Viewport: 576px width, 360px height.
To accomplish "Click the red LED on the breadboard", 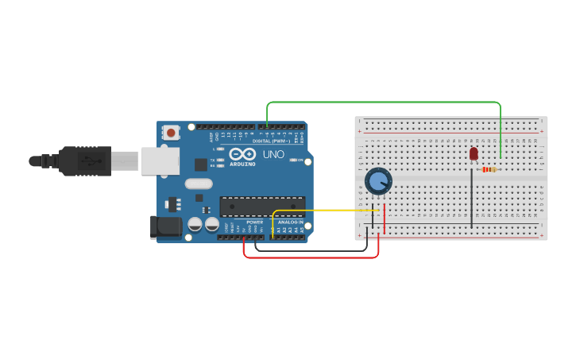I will [x=474, y=153].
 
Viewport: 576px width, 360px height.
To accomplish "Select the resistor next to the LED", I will [x=489, y=169].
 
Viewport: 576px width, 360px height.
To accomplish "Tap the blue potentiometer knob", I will [x=378, y=182].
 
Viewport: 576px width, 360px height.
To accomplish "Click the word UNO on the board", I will [x=273, y=154].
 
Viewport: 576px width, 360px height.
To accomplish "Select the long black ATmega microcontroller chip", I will [x=262, y=206].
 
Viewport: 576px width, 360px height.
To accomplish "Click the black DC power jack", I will [x=166, y=226].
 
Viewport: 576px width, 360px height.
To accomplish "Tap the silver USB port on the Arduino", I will [x=160, y=161].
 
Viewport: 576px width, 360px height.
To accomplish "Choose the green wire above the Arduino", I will [x=381, y=103].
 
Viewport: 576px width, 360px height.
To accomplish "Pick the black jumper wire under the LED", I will [x=472, y=199].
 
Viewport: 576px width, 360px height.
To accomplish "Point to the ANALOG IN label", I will [x=291, y=222].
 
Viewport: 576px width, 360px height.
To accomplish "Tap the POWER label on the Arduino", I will [x=254, y=222].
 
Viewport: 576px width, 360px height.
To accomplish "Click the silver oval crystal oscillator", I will [x=199, y=184].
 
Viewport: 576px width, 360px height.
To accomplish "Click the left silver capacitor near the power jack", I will [x=195, y=225].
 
